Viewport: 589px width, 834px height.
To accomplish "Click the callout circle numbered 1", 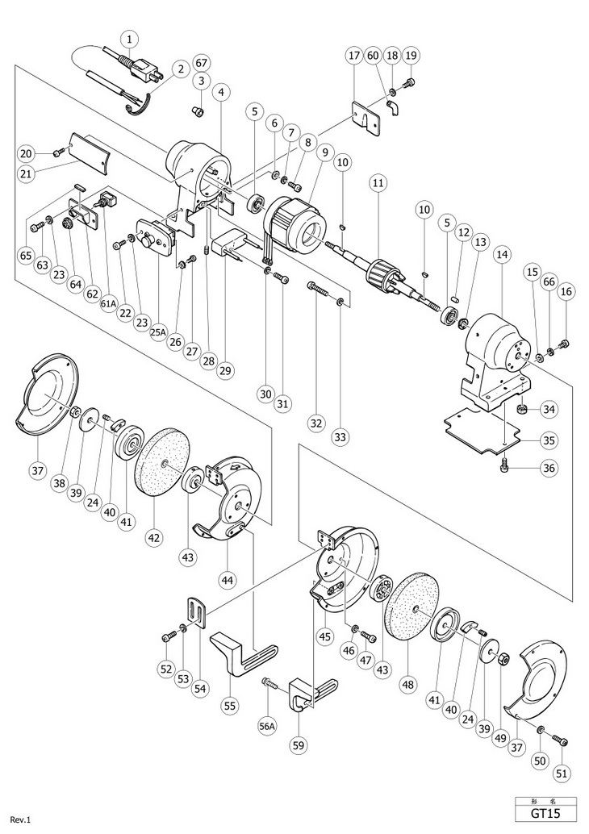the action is [x=130, y=39].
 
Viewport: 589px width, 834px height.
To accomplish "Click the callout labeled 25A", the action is [x=157, y=332].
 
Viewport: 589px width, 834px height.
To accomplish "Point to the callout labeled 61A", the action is [x=107, y=304].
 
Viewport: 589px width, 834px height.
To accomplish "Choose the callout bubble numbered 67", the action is [x=201, y=63].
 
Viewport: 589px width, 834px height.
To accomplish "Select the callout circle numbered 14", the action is [x=501, y=254].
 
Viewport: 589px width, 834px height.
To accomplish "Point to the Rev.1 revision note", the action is [x=21, y=819].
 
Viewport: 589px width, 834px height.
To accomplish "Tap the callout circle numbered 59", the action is [x=299, y=745].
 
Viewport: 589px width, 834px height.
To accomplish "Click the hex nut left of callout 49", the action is [x=503, y=660].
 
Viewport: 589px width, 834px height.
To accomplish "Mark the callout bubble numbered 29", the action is [x=226, y=369].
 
